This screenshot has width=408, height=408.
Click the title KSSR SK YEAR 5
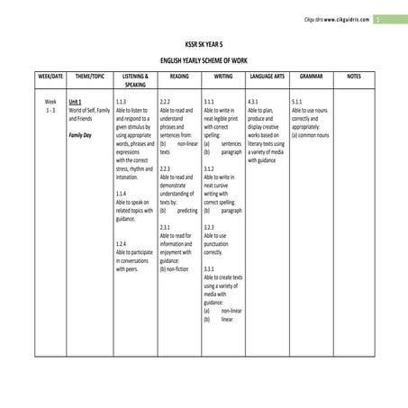pyautogui.click(x=203, y=42)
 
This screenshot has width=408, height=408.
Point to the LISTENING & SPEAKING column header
pyautogui.click(x=135, y=80)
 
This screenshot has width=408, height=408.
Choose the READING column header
pyautogui.click(x=179, y=77)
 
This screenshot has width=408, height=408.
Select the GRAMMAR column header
pyautogui.click(x=312, y=77)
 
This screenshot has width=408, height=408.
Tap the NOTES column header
pyautogui.click(x=353, y=77)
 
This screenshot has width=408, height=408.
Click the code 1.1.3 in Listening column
pyautogui.click(x=122, y=102)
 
